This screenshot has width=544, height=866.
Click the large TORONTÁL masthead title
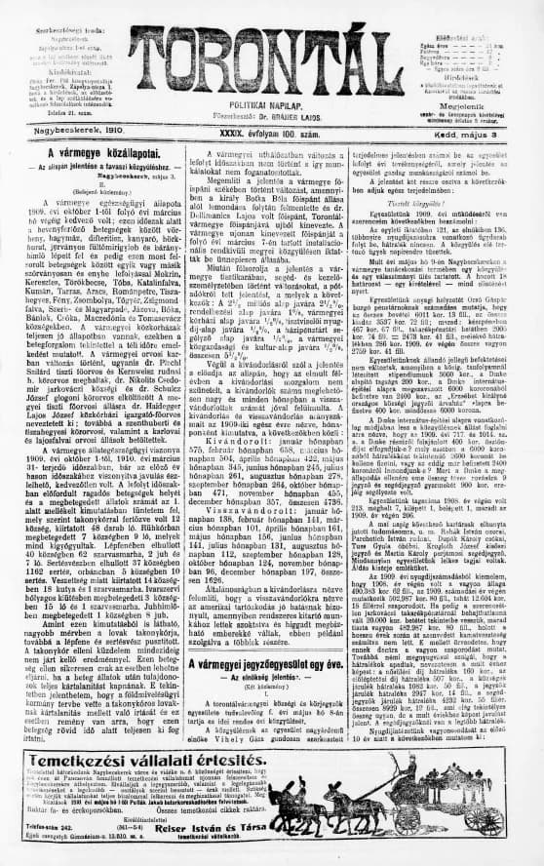273,54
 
